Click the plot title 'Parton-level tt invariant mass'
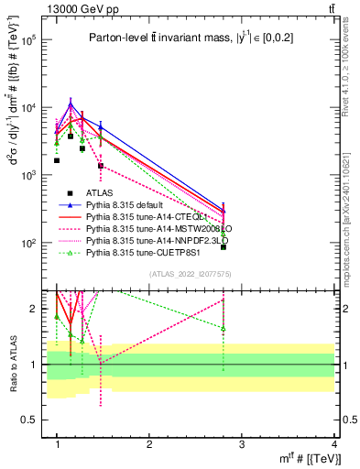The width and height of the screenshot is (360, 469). point(183,38)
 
